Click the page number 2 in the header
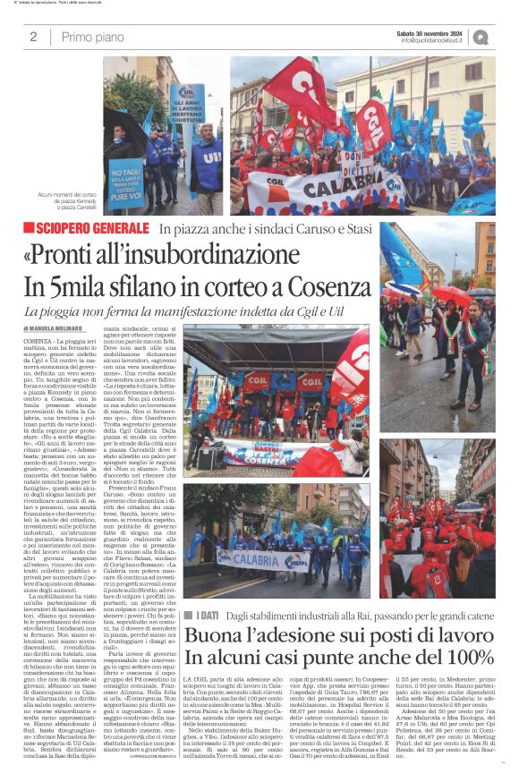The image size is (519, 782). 33,37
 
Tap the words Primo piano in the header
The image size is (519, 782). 93,37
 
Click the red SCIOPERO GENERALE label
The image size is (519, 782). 91,228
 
